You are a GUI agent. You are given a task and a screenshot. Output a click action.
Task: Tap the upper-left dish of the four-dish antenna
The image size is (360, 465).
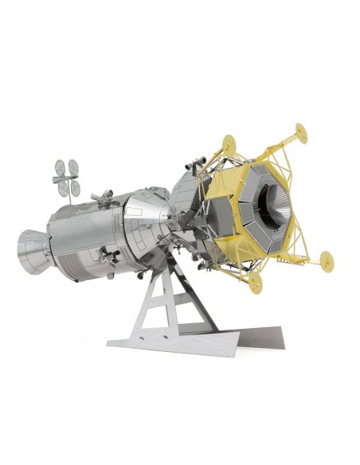pyautogui.click(x=58, y=169)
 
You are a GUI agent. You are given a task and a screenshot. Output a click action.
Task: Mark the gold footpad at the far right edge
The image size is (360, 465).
pyautogui.click(x=325, y=259)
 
